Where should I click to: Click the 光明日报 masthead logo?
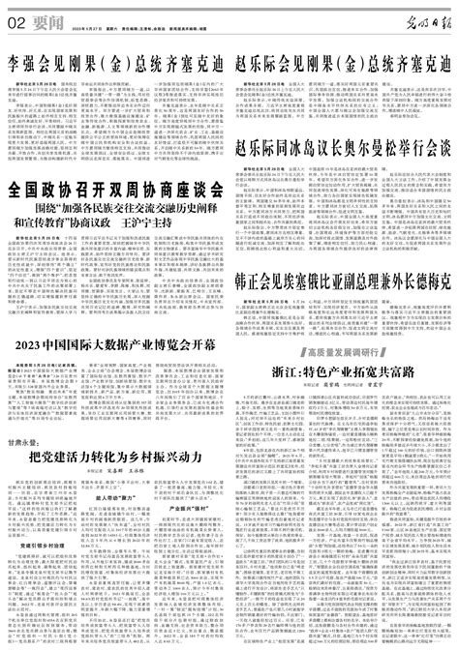[x=422, y=19]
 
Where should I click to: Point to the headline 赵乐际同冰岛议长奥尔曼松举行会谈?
[x=345, y=123]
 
